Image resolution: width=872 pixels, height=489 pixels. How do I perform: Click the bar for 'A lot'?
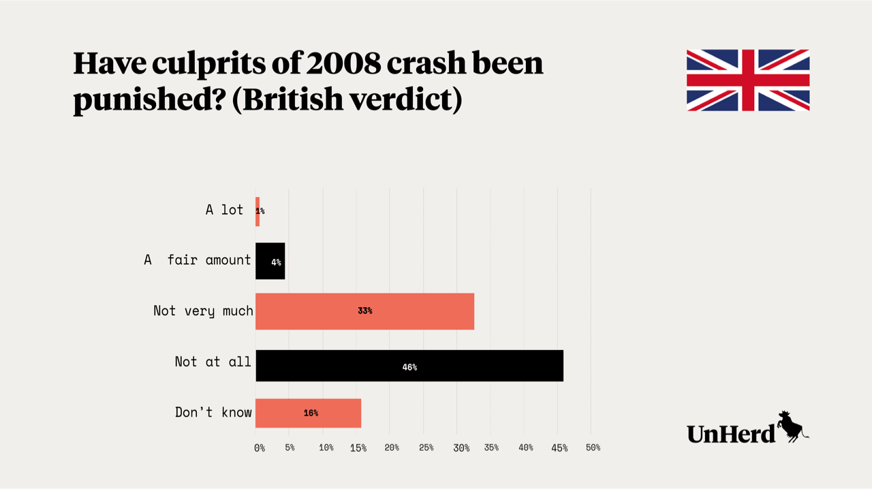258,211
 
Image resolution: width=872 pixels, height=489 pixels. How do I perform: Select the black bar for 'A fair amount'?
270,261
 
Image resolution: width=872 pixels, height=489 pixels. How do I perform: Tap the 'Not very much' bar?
364,311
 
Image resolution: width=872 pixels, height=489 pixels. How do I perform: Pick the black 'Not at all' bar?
409,366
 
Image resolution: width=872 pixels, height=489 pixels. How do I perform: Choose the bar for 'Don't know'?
308,413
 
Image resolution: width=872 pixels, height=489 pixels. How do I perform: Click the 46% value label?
409,367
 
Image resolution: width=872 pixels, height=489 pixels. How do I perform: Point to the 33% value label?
365,311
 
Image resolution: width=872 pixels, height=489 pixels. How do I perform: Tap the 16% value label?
311,413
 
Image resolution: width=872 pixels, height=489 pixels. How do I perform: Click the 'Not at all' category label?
213,362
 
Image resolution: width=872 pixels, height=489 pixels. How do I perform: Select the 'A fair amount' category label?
198,259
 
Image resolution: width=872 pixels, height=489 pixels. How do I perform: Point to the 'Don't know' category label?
213,412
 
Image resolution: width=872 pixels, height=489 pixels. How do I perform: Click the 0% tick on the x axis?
259,447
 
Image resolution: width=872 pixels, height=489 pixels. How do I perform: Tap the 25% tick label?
426,447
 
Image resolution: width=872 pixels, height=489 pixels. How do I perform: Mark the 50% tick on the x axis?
593,447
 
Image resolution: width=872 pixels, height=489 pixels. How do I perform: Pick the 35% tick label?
491,447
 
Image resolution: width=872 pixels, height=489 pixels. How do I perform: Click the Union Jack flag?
747,80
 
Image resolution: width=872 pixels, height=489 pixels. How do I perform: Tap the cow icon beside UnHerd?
792,426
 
